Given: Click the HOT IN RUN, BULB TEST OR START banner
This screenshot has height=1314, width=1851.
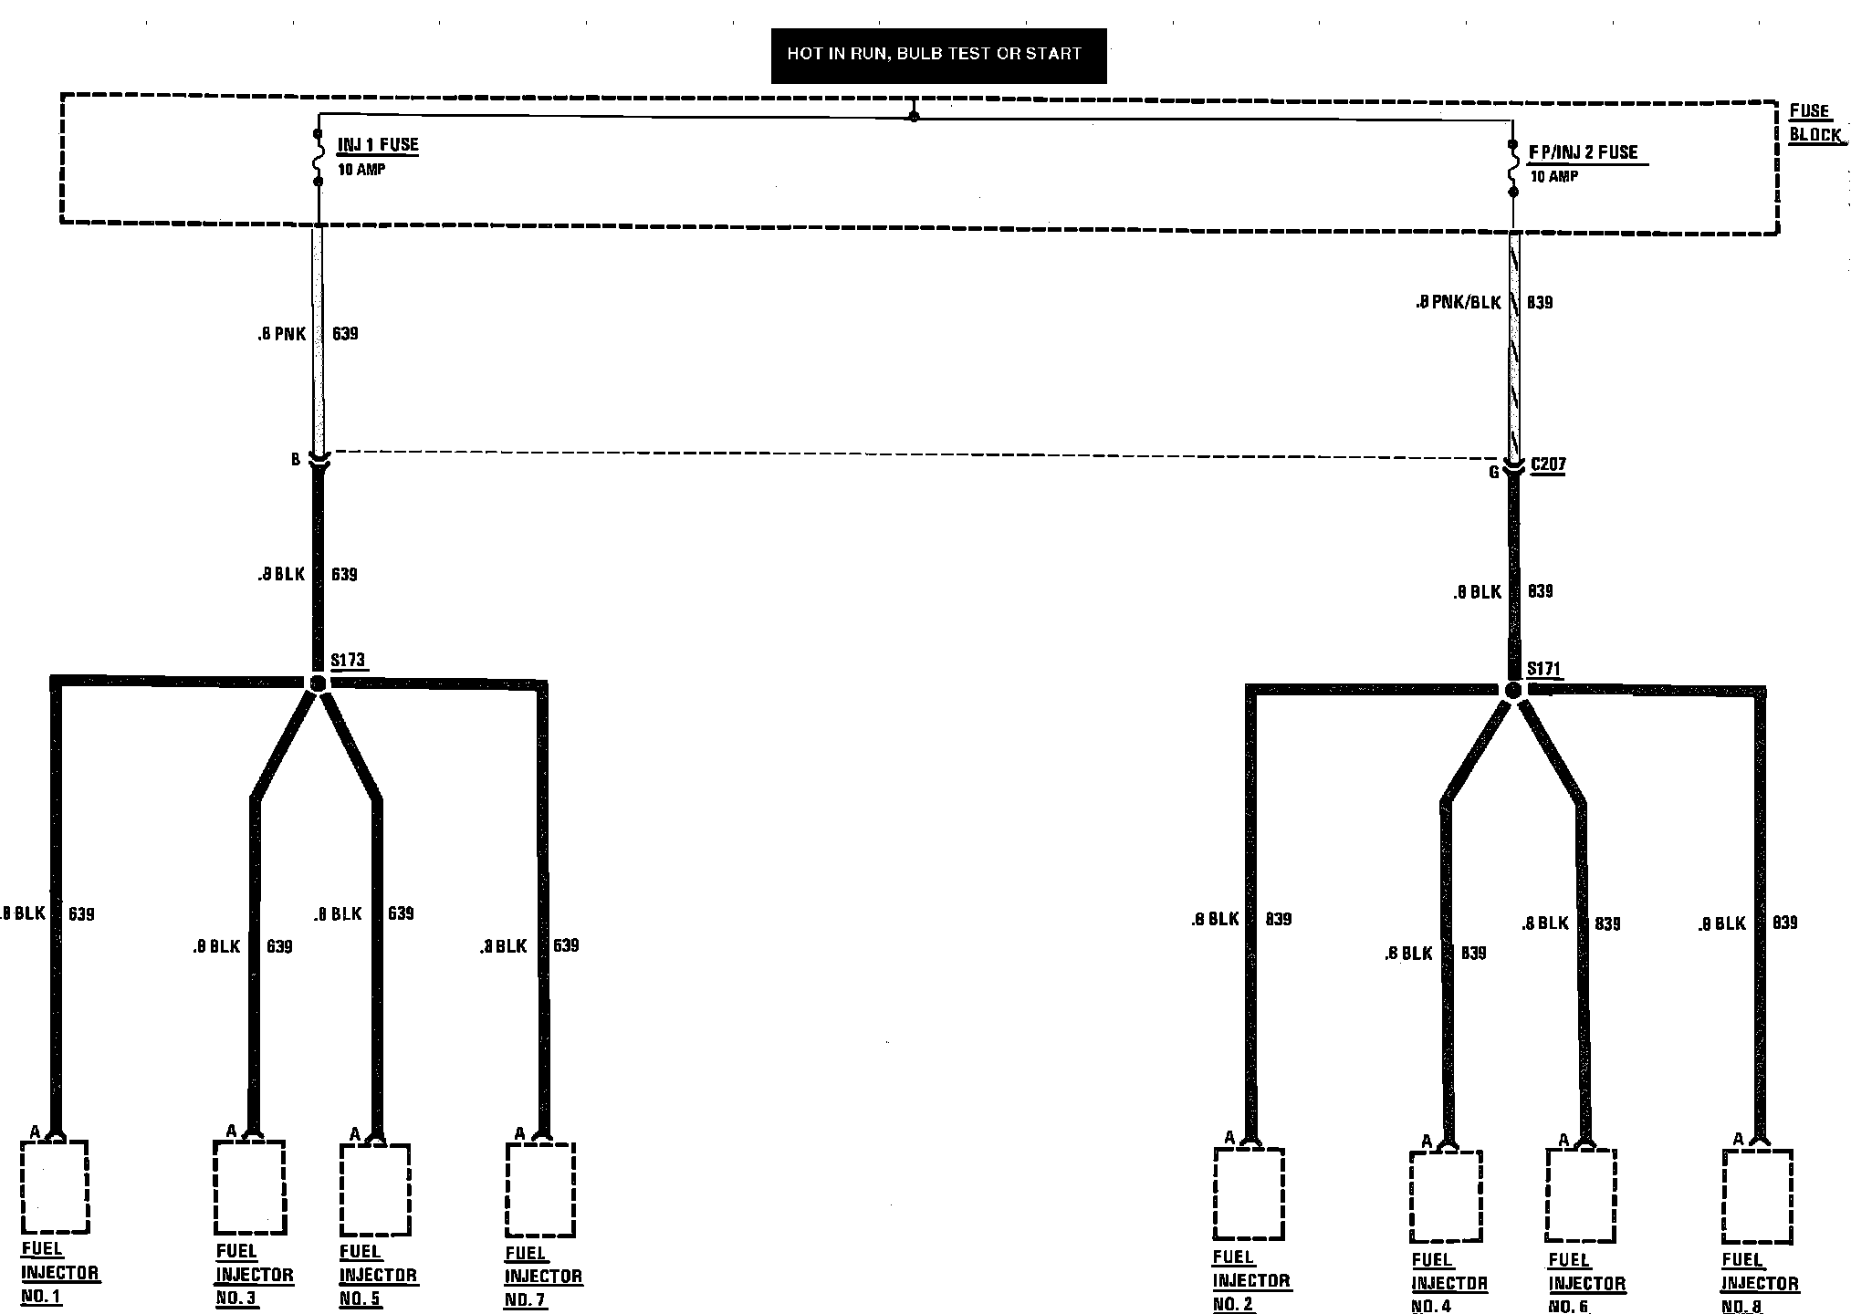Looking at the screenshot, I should [938, 55].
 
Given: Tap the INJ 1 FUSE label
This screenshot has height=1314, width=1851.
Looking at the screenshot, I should [378, 145].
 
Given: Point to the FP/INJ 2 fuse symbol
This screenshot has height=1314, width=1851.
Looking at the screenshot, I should [1512, 169].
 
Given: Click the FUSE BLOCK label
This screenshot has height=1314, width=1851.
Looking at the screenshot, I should [1814, 123].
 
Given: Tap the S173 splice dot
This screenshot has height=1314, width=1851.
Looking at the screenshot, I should [318, 683].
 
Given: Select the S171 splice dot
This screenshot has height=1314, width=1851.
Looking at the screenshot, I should [1512, 691].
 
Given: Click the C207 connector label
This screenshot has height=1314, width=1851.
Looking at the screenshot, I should [1548, 464].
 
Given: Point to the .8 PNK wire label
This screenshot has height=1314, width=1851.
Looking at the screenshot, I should [281, 335].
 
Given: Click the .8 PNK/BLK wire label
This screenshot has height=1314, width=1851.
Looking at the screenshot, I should [1458, 302].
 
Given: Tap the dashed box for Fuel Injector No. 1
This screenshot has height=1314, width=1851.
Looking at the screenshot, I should [55, 1185].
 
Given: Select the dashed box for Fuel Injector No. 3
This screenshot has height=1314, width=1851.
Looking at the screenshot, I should [249, 1185].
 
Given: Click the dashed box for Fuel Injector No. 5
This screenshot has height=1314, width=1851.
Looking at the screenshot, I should [374, 1189].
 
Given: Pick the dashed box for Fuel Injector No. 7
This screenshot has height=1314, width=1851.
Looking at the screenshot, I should [540, 1189].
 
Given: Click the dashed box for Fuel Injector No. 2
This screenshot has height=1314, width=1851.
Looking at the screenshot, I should [1249, 1194].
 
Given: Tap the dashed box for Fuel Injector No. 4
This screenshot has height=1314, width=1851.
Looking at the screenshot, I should [1445, 1196].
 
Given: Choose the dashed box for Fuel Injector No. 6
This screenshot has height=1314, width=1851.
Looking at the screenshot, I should [1581, 1194].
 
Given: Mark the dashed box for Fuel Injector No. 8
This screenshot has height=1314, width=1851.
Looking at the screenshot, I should [1757, 1195].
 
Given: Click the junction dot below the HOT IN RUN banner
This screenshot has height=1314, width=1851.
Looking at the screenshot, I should [914, 117].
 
